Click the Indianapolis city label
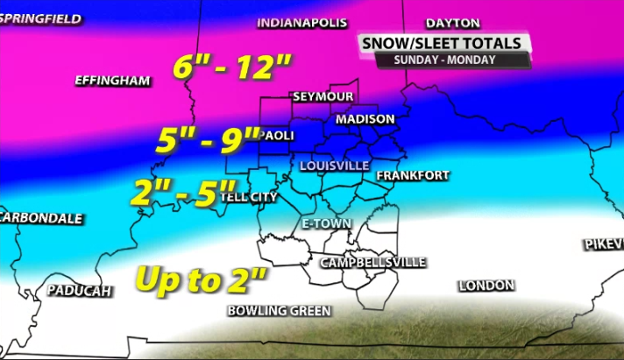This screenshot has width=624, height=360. point(302,23)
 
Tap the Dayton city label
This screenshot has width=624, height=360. point(452,23)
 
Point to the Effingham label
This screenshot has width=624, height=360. point(112,81)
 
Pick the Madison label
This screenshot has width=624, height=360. point(365,118)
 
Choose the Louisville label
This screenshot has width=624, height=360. point(334,166)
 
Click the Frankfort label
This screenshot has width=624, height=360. point(412,175)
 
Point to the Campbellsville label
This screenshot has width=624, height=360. point(372,262)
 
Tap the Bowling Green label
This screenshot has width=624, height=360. point(279,310)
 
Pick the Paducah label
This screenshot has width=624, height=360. point(80,290)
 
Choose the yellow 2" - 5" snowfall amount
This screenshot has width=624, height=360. point(183,192)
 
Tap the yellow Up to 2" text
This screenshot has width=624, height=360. point(201,279)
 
